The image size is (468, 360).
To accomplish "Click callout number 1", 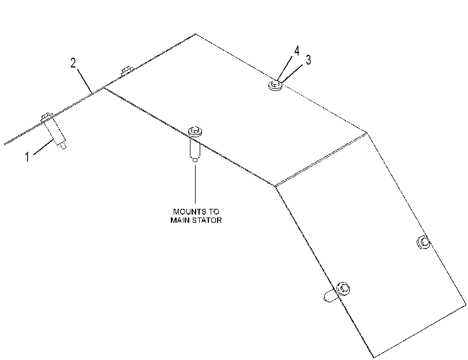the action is (28, 157).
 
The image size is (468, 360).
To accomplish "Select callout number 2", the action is (73, 63).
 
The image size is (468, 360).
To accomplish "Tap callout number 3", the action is (308, 59).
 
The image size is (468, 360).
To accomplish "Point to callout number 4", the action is (297, 51).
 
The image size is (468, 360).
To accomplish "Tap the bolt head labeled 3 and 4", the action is (275, 85).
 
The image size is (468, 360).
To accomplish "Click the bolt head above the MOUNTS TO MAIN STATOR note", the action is (195, 132).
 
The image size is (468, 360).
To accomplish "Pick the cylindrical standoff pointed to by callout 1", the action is (55, 132).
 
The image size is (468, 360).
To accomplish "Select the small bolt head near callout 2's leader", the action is (126, 70).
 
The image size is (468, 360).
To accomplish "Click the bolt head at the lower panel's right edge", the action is (423, 242).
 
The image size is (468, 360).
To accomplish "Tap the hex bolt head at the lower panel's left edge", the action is (343, 288).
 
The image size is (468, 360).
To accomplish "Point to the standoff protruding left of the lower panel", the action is (331, 295).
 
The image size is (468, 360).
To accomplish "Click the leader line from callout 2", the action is (84, 80).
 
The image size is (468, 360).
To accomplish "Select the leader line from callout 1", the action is (44, 147).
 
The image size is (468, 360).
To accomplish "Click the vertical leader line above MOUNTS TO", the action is (195, 183).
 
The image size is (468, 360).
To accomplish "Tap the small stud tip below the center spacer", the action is (195, 160).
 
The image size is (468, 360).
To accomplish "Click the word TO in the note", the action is (213, 212).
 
